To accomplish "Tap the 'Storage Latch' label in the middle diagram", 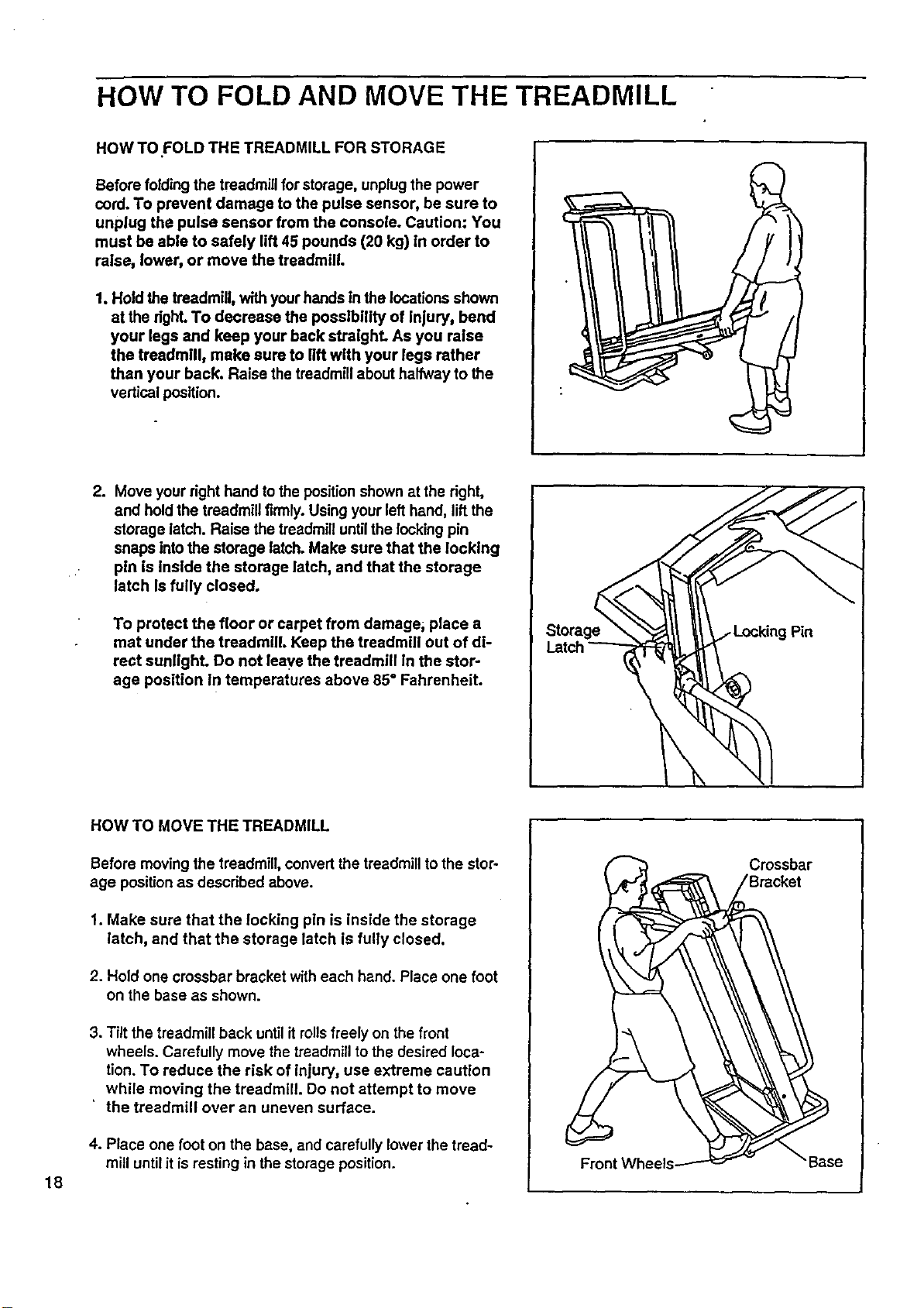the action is pyautogui.click(x=572, y=639).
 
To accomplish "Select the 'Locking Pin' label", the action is pyautogui.click(x=773, y=632).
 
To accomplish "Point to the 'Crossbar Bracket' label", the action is pyautogui.click(x=780, y=873).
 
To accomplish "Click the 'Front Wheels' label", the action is pyautogui.click(x=627, y=1164).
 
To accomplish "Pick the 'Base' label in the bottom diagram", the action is pyautogui.click(x=825, y=1162).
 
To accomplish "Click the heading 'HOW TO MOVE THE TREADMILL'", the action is pyautogui.click(x=210, y=826).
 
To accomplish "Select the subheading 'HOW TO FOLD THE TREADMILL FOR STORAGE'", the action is pyautogui.click(x=270, y=148).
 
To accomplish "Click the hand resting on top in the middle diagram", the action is pyautogui.click(x=760, y=528).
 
